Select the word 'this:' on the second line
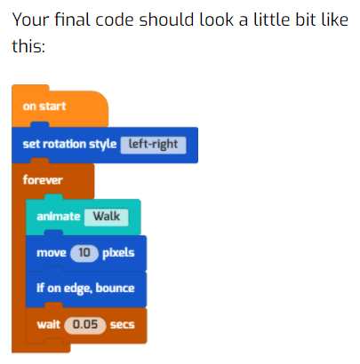point(28,46)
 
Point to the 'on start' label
point(44,107)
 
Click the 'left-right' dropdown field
point(153,145)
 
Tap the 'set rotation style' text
point(69,144)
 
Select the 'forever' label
point(43,180)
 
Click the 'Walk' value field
point(107,217)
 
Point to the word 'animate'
point(59,217)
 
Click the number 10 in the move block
point(84,253)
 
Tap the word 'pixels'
point(118,253)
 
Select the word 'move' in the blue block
point(52,253)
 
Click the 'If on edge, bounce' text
point(85,289)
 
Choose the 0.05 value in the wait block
point(85,325)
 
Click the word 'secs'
point(123,325)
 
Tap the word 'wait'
point(48,325)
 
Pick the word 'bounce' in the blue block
point(115,288)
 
